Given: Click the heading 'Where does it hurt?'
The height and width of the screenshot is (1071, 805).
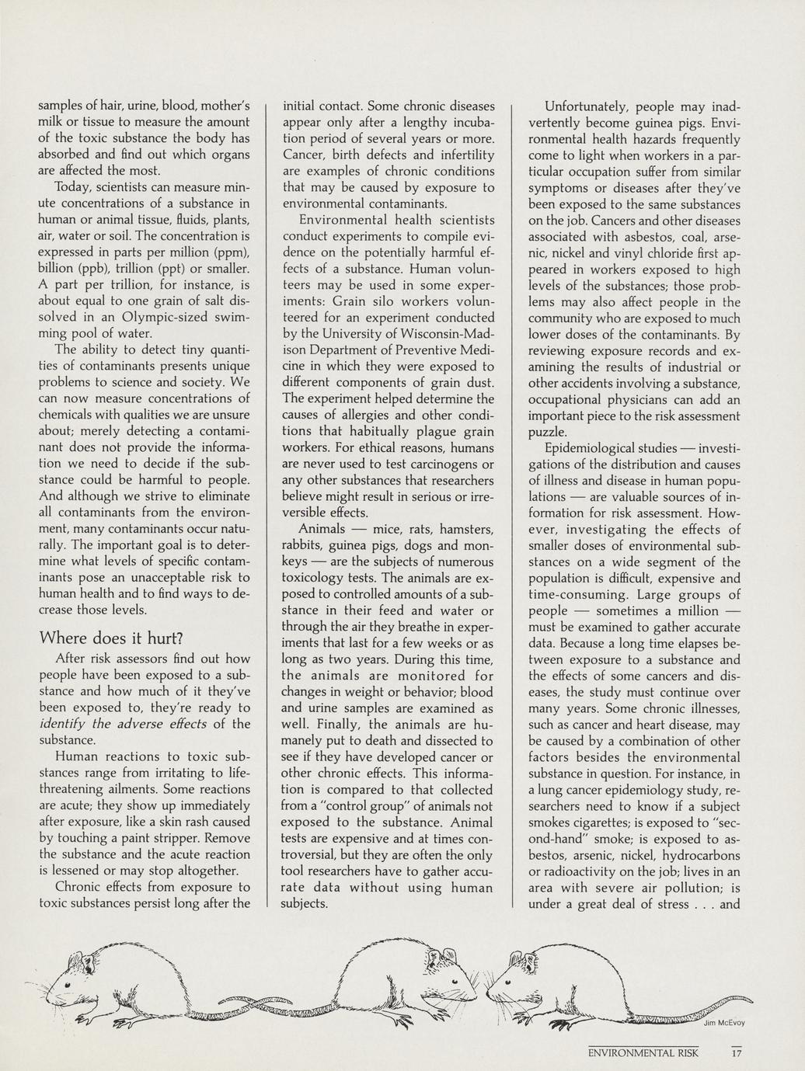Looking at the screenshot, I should click(x=110, y=638).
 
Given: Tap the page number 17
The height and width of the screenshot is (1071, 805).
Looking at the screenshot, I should click(x=737, y=1053).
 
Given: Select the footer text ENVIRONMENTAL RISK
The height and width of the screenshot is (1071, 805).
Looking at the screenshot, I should click(x=643, y=1053).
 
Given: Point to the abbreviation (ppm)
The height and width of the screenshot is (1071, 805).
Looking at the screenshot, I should click(x=231, y=252).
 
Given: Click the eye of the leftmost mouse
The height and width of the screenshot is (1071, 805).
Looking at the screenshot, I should click(x=68, y=984).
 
